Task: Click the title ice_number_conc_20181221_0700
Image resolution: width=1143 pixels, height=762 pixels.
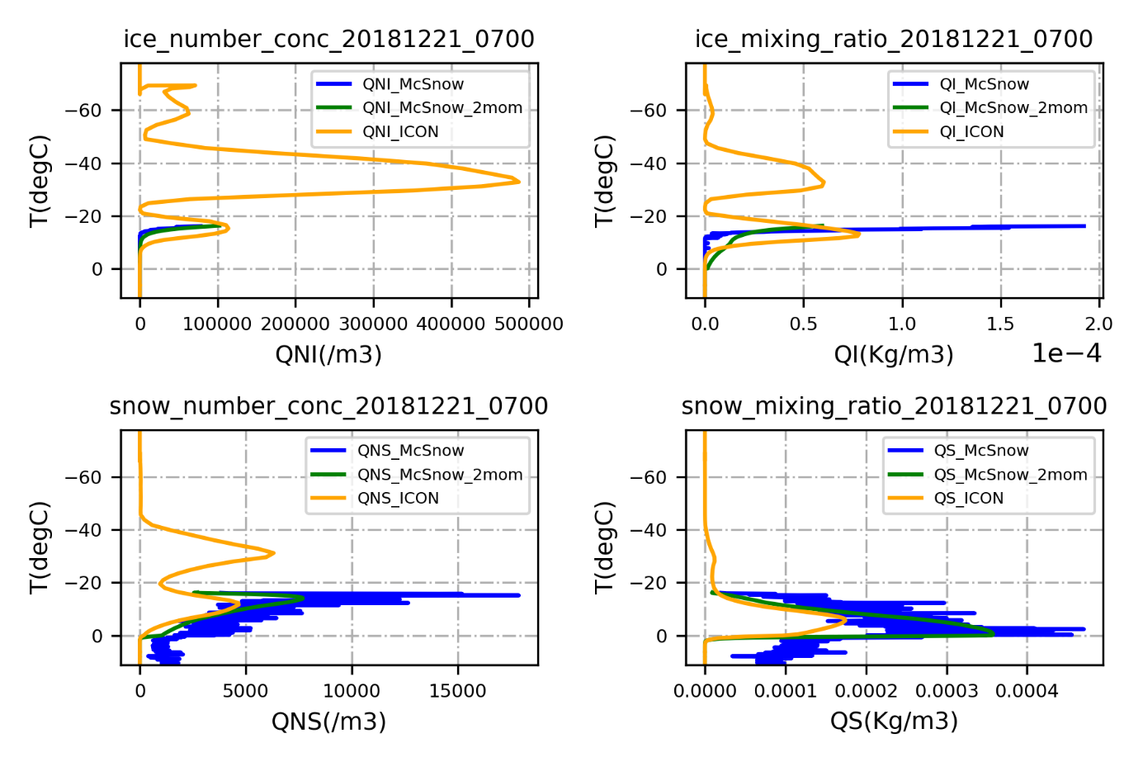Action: click(x=328, y=39)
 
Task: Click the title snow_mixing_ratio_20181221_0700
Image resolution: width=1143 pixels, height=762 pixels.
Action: click(x=894, y=405)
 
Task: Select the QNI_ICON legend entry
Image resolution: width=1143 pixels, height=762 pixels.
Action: click(x=400, y=131)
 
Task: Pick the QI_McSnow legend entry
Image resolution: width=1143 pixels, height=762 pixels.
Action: click(x=984, y=84)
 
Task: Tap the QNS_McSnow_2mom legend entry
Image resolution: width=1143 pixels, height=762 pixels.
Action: click(x=439, y=475)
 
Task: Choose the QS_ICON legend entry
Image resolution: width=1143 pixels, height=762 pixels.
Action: click(x=968, y=498)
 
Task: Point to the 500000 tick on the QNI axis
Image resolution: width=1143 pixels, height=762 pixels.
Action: click(x=529, y=324)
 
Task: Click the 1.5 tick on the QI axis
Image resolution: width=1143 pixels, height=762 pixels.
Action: click(x=1000, y=324)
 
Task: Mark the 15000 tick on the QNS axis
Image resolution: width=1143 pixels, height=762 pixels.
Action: click(x=457, y=690)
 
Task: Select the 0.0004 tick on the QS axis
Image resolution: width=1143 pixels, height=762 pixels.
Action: click(x=1027, y=690)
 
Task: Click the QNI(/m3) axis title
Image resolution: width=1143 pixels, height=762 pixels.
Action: click(x=328, y=354)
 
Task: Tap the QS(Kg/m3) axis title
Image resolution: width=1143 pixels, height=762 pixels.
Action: click(x=894, y=721)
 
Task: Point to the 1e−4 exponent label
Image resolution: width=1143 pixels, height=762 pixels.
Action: click(x=1066, y=353)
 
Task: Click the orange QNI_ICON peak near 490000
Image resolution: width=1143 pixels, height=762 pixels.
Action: click(x=519, y=182)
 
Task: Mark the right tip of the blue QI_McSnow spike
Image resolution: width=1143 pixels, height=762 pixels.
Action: click(x=1084, y=225)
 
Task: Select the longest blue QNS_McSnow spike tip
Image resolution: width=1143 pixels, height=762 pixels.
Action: click(x=519, y=594)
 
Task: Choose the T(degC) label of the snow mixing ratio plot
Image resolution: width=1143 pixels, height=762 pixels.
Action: click(x=604, y=547)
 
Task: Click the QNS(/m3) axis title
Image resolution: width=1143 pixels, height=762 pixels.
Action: click(x=328, y=721)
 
